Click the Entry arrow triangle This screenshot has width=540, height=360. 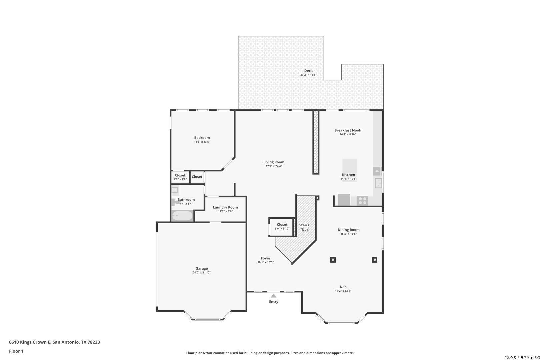273,296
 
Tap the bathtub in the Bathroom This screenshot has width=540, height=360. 182,216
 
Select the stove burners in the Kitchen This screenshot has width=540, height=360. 363,201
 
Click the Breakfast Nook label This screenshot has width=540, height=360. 348,130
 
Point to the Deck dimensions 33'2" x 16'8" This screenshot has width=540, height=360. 308,75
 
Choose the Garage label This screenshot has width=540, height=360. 202,268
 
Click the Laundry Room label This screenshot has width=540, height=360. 225,207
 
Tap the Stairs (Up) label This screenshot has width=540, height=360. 304,227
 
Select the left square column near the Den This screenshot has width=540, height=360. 333,260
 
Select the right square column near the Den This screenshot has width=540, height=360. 374,260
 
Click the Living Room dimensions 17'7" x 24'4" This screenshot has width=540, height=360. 274,166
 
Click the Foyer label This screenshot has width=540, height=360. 265,258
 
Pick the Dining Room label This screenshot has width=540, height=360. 348,230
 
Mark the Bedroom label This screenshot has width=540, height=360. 202,138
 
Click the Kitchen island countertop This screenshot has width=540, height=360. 350,170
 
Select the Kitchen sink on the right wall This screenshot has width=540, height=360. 378,183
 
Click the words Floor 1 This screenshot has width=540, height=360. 16,351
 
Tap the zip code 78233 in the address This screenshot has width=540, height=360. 94,342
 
